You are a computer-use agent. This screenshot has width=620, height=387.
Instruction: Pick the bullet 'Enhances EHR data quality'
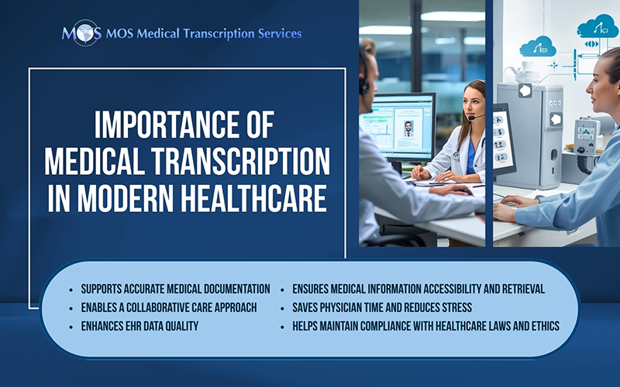(139, 326)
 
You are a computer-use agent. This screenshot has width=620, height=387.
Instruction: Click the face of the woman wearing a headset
(474, 104)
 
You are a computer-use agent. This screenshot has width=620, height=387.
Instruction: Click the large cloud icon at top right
(597, 27)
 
